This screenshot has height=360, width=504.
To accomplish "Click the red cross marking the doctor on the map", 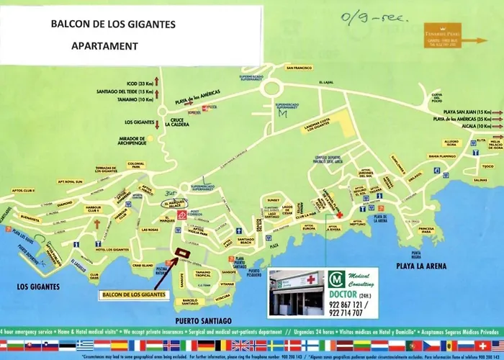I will pyautogui.click(x=339, y=214).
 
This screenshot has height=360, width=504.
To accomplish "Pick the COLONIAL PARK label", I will pyautogui.click(x=136, y=166).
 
